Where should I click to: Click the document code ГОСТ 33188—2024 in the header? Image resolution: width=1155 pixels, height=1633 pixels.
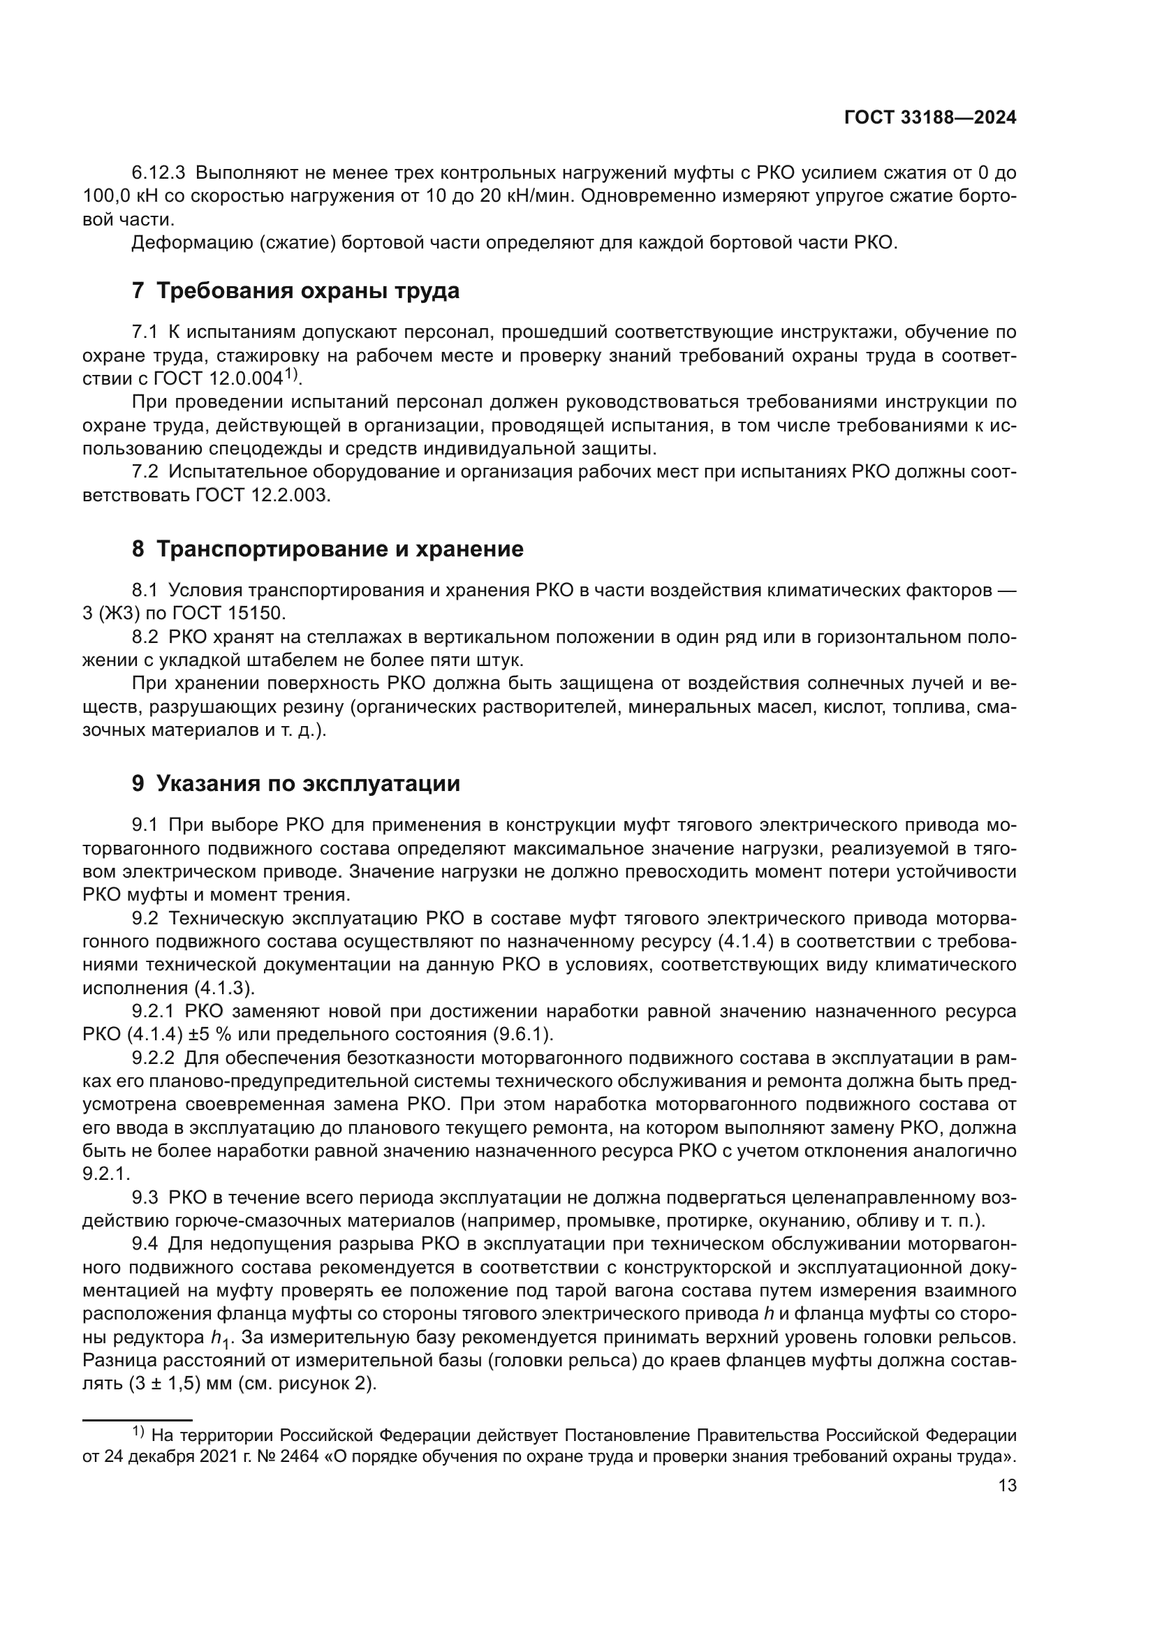coord(929,118)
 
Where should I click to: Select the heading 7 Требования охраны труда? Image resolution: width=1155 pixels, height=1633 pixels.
coord(296,291)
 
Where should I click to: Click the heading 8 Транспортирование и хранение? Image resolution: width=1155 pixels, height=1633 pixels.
coord(328,549)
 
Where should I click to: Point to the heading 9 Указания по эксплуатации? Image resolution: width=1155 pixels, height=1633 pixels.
coord(296,784)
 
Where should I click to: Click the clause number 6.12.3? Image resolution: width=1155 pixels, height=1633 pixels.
coord(159,173)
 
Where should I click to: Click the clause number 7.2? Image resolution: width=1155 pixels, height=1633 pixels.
coord(146,472)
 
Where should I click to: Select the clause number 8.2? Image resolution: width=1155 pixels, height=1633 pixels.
coord(146,637)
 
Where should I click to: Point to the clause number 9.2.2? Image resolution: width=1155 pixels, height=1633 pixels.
coord(153,1058)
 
